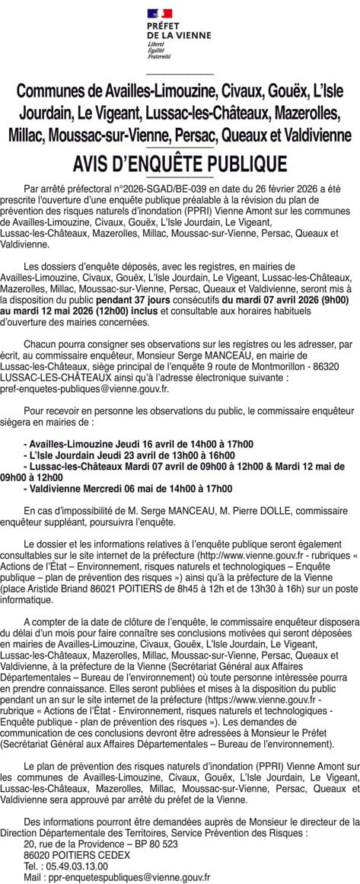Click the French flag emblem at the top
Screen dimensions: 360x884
[160, 12]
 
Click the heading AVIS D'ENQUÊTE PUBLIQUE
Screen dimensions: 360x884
[180, 164]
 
